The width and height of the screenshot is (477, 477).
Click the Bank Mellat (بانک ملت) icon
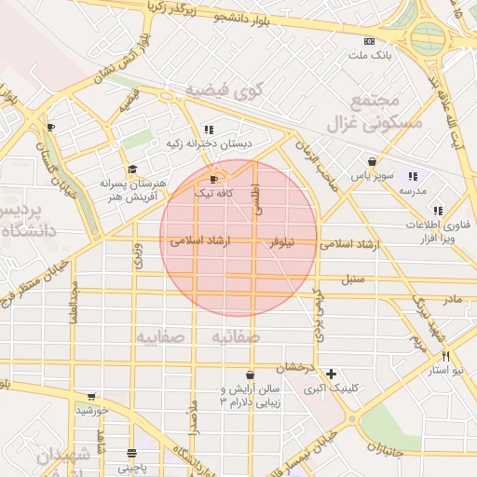pyautogui.click(x=370, y=41)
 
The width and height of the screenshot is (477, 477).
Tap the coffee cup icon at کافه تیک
pyautogui.click(x=214, y=179)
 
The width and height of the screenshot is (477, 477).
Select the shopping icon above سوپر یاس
pyautogui.click(x=372, y=160)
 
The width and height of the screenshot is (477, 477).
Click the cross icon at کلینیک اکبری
pyautogui.click(x=331, y=373)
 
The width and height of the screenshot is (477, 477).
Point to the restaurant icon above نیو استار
pyautogui.click(x=446, y=356)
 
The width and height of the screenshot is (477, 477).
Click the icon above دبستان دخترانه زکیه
pyautogui.click(x=208, y=129)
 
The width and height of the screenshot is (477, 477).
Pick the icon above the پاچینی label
pyautogui.click(x=131, y=454)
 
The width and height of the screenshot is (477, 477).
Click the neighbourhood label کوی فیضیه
pyautogui.click(x=225, y=90)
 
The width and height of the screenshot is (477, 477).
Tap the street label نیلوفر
pyautogui.click(x=280, y=243)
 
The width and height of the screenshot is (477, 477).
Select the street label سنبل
pyautogui.click(x=353, y=278)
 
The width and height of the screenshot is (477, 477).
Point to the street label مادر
pyautogui.click(x=452, y=299)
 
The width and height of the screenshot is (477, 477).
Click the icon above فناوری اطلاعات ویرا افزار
pyautogui.click(x=438, y=211)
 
